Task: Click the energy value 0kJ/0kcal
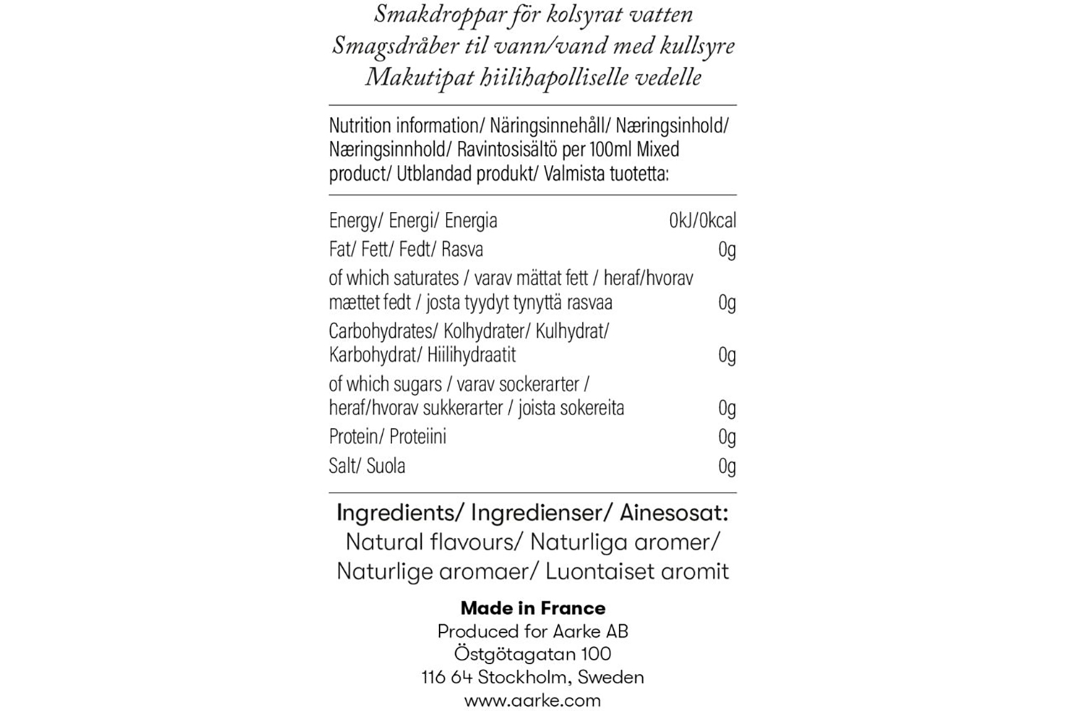[702, 220]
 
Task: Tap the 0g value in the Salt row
[727, 466]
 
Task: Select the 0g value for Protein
[727, 437]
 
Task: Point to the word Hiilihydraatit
[472, 355]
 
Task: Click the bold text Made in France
[533, 608]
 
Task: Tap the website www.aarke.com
[533, 700]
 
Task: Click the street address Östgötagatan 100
[533, 653]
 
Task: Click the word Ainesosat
[674, 513]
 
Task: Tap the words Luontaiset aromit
[637, 571]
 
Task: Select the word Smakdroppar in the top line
[444, 14]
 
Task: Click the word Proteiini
[418, 437]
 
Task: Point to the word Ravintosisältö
[504, 149]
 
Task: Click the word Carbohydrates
[381, 331]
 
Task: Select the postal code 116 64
[447, 677]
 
